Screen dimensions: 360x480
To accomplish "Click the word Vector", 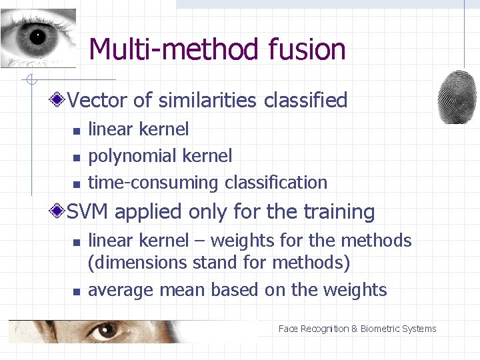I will point(98,101).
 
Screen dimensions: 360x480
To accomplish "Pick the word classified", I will point(306,101).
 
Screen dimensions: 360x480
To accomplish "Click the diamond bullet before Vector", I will point(59,101).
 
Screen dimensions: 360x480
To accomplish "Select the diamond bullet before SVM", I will point(59,212).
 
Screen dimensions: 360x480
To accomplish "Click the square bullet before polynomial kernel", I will point(77,157).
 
